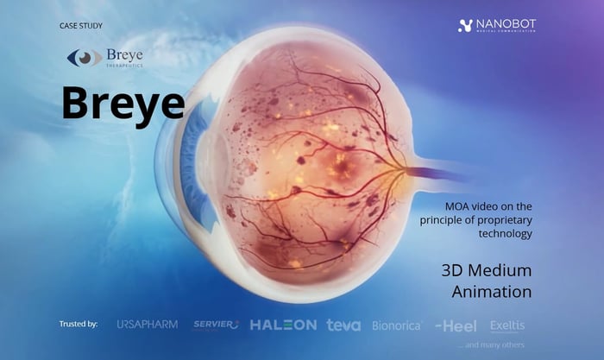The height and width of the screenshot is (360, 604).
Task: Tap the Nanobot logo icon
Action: [464, 26]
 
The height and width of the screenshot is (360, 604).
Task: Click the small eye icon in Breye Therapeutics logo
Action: [84, 58]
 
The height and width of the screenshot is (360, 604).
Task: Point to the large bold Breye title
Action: [123, 103]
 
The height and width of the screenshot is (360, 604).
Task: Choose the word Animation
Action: [491, 292]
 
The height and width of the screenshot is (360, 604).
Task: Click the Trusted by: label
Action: [79, 325]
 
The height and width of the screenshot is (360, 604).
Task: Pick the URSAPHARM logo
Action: [147, 325]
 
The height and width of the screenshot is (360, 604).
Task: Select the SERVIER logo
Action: [215, 325]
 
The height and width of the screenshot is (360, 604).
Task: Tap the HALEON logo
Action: [283, 325]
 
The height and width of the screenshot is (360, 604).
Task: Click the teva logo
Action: [343, 325]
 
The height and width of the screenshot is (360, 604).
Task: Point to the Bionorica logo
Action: [396, 325]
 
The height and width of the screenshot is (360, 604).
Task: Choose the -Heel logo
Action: [456, 325]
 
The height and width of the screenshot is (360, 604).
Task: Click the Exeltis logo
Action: [507, 325]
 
